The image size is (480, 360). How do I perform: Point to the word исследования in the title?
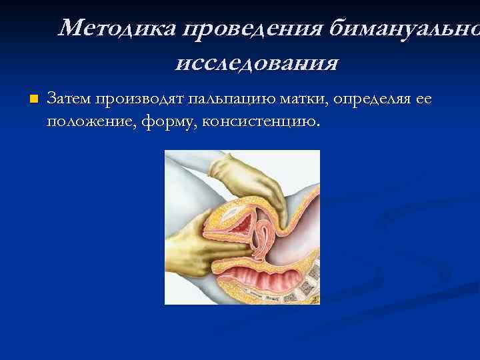[x=257, y=63]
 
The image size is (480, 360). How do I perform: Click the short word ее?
[x=423, y=100]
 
